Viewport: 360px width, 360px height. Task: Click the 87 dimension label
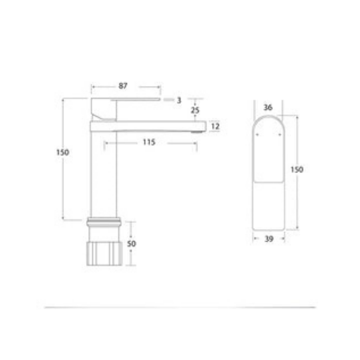point(123,86)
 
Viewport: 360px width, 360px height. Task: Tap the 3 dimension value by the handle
point(179,100)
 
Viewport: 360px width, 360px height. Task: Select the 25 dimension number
point(194,110)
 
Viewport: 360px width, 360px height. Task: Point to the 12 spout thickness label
point(215,126)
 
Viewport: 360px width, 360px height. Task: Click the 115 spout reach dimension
point(148,142)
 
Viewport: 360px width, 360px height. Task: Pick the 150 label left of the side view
point(63,152)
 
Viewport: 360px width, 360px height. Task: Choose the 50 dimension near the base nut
point(132,244)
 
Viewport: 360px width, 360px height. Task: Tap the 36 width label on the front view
point(268,107)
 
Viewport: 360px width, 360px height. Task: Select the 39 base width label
point(269,239)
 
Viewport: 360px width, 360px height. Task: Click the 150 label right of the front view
point(297,170)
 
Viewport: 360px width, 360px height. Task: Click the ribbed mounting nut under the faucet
point(104,253)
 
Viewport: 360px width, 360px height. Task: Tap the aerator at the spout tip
point(196,131)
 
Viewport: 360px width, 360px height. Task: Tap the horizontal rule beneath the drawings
point(180,307)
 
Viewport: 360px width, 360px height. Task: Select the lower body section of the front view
point(268,206)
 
